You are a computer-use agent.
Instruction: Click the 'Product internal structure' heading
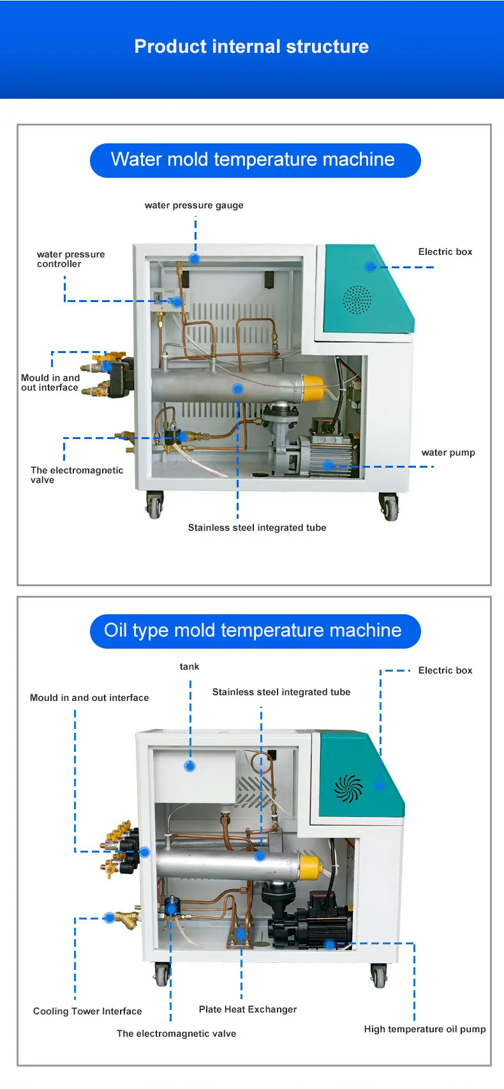click(251, 47)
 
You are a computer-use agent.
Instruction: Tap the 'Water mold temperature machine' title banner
click(253, 159)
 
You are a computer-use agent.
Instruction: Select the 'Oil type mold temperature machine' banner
click(253, 631)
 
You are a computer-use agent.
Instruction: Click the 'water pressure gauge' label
click(194, 205)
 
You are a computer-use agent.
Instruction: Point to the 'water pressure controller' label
click(70, 259)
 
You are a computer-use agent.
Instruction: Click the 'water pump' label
click(448, 452)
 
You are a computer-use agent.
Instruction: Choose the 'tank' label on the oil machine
click(189, 667)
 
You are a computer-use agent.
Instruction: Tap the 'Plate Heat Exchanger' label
click(248, 1009)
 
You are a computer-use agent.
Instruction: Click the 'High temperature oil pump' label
click(425, 1029)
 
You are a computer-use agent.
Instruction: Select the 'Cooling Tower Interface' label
click(87, 1011)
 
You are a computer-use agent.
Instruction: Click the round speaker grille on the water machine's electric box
click(357, 299)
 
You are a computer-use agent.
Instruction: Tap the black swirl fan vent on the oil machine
click(348, 789)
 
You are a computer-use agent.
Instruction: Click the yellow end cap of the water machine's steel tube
click(313, 388)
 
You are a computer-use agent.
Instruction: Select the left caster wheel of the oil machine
click(162, 974)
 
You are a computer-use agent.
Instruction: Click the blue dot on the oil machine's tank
click(189, 767)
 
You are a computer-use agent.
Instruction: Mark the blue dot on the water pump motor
click(328, 466)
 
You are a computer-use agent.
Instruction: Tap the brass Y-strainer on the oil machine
click(127, 918)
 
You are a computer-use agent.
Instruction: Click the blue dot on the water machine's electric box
click(371, 266)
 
